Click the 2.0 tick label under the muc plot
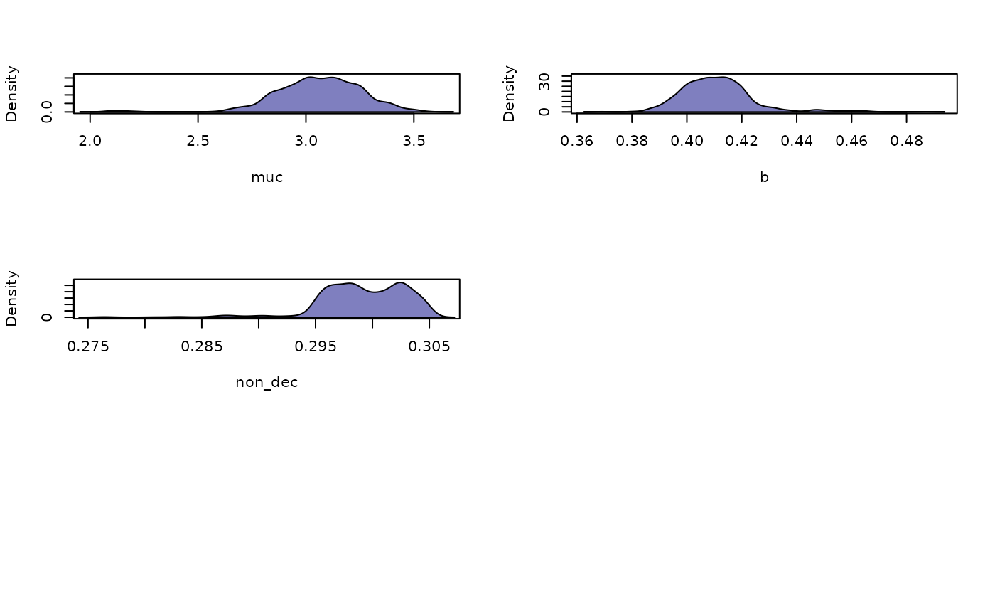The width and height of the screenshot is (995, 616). click(x=90, y=140)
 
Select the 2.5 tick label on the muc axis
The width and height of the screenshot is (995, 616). click(x=198, y=140)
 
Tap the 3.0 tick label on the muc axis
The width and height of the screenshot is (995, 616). click(x=306, y=140)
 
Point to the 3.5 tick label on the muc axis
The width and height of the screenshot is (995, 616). click(x=414, y=140)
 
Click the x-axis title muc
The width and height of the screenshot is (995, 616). click(x=267, y=178)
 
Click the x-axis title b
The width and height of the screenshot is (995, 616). click(x=764, y=178)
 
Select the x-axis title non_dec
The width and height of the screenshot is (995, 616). click(x=267, y=383)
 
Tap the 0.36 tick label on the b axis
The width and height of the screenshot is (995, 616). click(x=577, y=140)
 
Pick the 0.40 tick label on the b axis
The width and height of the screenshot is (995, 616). click(x=687, y=140)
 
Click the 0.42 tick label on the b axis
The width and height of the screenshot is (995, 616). click(x=742, y=140)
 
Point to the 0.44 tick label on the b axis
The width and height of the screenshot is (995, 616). click(x=797, y=140)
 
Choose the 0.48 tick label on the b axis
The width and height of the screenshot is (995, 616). click(x=906, y=140)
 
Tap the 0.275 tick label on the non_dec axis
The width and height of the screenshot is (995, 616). click(x=88, y=346)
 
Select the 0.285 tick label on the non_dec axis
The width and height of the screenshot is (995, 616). click(x=202, y=346)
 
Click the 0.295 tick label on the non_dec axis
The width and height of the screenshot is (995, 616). click(x=316, y=346)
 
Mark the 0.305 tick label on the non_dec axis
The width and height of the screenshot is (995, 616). click(x=429, y=346)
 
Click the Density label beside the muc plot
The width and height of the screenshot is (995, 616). click(x=12, y=93)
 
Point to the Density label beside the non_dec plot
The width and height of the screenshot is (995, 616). click(x=12, y=298)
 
